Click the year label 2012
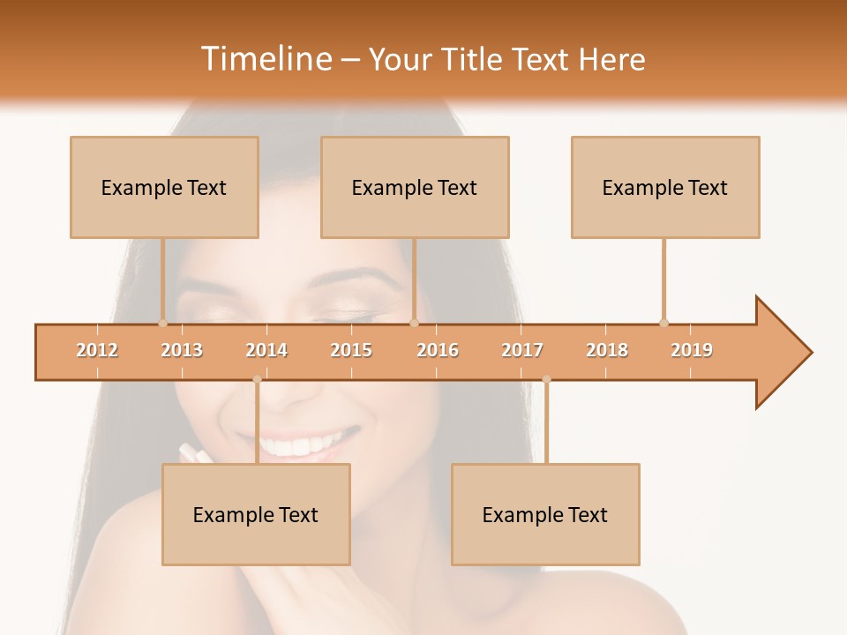(97, 350)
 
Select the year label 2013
(182, 350)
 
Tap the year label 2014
(266, 350)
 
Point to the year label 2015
(351, 350)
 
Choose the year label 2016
(438, 350)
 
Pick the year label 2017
(522, 350)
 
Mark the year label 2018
(607, 350)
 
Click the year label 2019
(692, 350)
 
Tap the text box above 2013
(164, 187)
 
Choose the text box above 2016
(415, 187)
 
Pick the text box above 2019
(665, 187)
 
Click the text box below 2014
(256, 514)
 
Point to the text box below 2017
(545, 514)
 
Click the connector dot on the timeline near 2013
(162, 323)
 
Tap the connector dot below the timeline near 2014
(257, 379)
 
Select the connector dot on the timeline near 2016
(414, 323)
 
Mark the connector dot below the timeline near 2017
(546, 379)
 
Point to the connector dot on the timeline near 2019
(663, 323)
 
